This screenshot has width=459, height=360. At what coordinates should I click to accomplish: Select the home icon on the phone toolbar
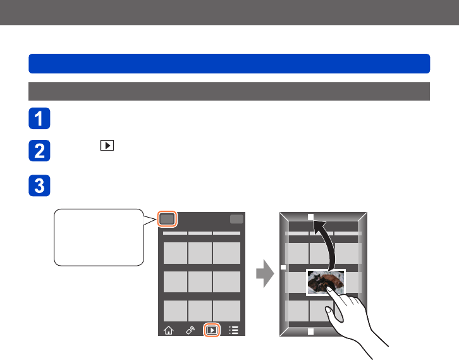coord(168,330)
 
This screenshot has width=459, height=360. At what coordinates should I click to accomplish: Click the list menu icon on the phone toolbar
coord(233,330)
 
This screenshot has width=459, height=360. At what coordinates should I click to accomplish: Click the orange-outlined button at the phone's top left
coord(167,219)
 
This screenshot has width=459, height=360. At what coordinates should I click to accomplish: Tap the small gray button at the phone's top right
coord(236,219)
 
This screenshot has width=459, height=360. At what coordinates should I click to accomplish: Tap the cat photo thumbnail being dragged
coord(326,282)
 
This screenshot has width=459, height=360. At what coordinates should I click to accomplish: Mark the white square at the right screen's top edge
coord(310,216)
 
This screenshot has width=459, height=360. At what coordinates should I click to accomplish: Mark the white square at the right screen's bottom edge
coord(310,331)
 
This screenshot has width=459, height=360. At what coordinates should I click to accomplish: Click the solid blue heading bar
coord(229,63)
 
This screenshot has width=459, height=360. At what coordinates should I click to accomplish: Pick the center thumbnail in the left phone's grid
coord(200,282)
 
